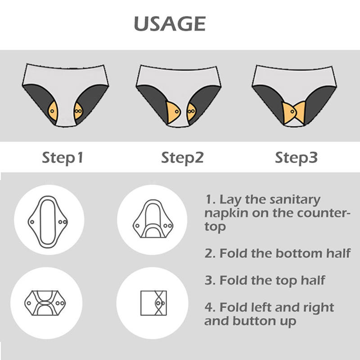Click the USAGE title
(x=170, y=23)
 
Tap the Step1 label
(x=63, y=158)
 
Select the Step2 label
(x=182, y=158)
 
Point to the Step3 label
(x=296, y=158)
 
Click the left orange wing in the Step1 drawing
(x=53, y=111)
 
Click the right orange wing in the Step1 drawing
(x=78, y=111)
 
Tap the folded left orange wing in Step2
(x=173, y=112)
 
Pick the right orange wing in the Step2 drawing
(x=191, y=112)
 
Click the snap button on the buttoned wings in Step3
(x=292, y=112)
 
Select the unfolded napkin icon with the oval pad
(x=48, y=222)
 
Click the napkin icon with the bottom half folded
(x=153, y=218)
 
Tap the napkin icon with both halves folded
(x=45, y=303)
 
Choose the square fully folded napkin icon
(x=153, y=303)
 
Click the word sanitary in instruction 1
(x=295, y=199)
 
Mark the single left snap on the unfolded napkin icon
(x=32, y=222)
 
